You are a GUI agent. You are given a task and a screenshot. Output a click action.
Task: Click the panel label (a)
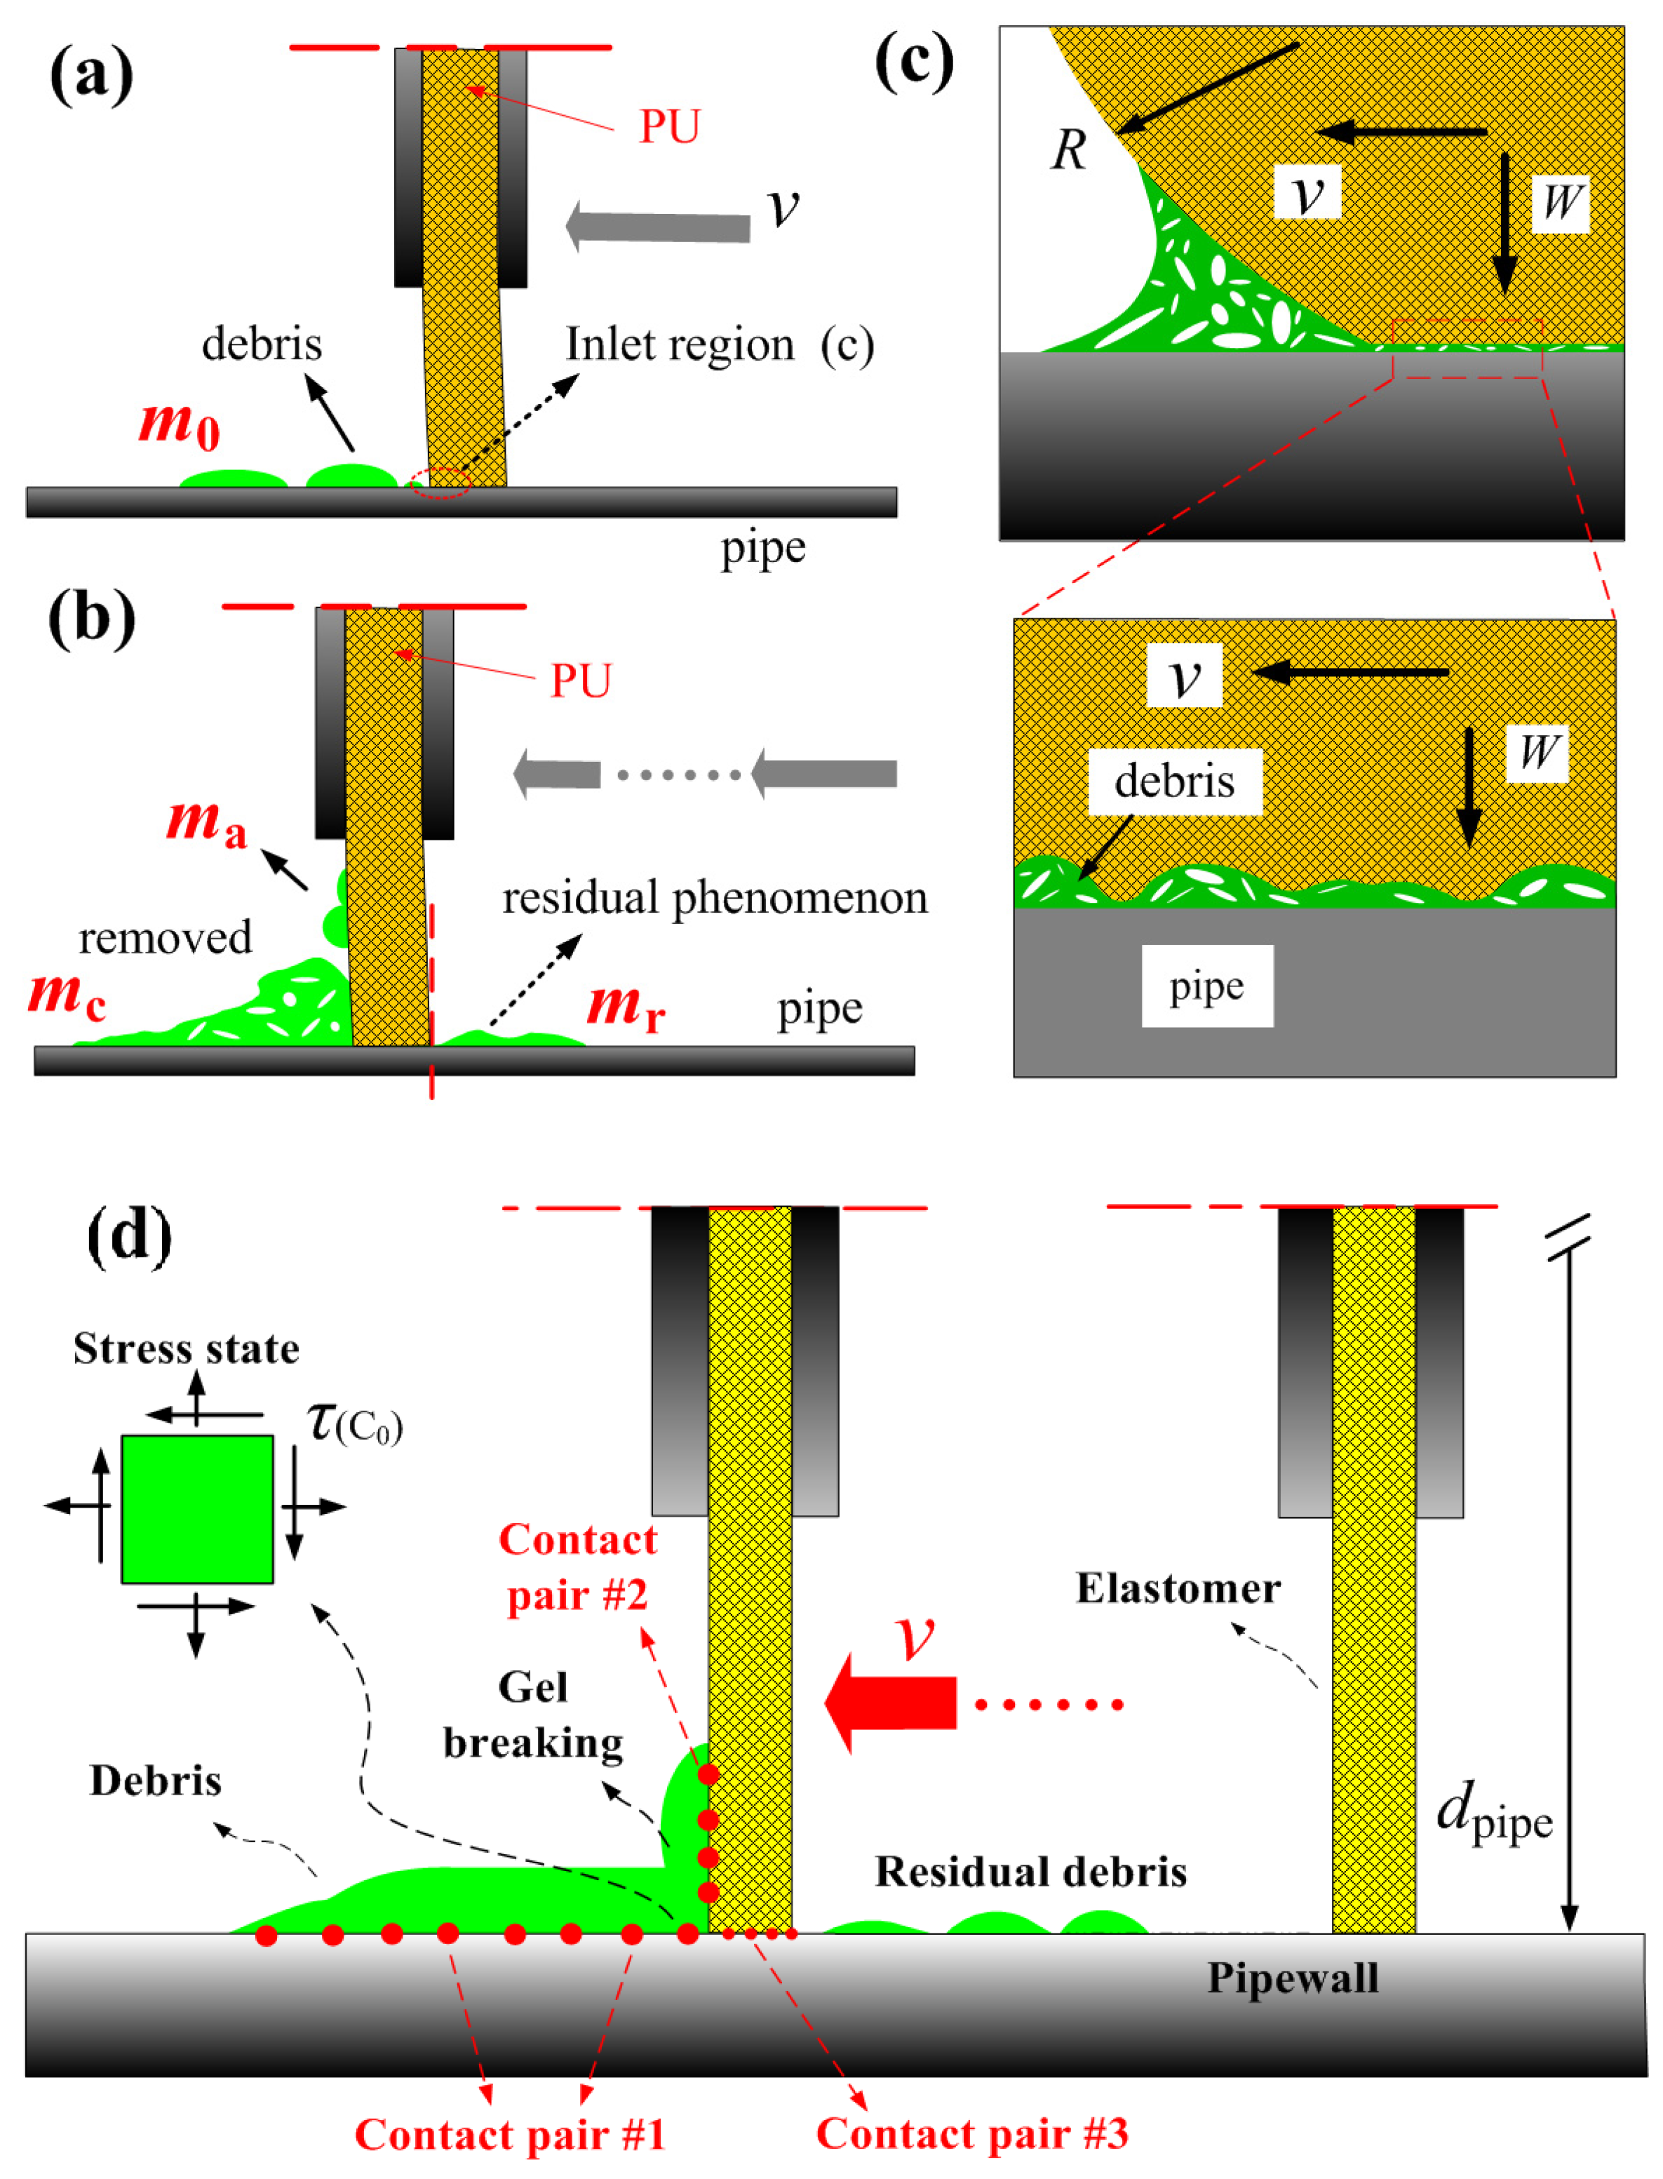pyautogui.click(x=91, y=74)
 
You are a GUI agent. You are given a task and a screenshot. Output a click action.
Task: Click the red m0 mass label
pyautogui.click(x=179, y=424)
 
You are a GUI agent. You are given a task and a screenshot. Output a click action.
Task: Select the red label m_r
pyautogui.click(x=626, y=1007)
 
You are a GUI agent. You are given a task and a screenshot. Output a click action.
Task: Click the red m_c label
pyautogui.click(x=67, y=995)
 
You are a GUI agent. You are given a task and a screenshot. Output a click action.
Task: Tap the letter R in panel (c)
pyautogui.click(x=1069, y=150)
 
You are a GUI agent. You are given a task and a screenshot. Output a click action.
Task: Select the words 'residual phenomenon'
pyautogui.click(x=715, y=898)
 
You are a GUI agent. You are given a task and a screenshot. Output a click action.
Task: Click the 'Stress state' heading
pyautogui.click(x=186, y=1348)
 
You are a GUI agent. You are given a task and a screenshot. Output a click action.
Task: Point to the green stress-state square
pyautogui.click(x=197, y=1509)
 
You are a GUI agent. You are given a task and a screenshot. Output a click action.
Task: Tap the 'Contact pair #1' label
pyautogui.click(x=510, y=2133)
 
